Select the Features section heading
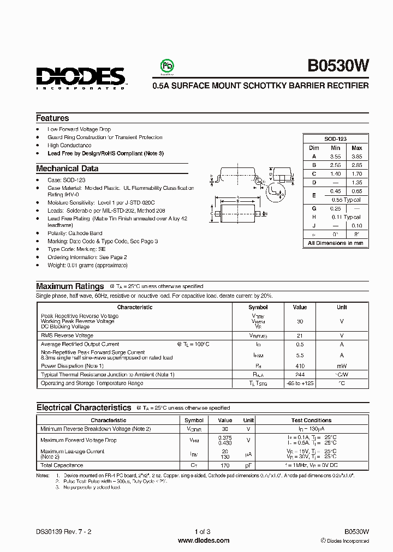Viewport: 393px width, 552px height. pos(52,118)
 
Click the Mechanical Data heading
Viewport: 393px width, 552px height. pos(67,169)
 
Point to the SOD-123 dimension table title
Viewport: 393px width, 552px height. pos(335,139)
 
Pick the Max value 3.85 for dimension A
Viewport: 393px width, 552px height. pos(356,157)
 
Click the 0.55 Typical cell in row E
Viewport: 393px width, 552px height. pos(346,200)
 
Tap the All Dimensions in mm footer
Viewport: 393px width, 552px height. pos(335,243)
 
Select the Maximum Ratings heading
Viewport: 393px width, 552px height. pos(70,286)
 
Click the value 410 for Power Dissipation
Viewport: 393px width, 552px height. pos(300,366)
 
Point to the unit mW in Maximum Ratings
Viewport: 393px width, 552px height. pos(341,366)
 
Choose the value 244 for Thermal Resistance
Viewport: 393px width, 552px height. pos(300,375)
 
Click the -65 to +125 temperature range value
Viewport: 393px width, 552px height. pos(300,383)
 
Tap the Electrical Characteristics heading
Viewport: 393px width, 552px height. pos(84,407)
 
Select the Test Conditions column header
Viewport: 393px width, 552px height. pos(311,421)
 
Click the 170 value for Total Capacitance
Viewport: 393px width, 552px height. pos(224,465)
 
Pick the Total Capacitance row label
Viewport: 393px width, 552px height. pos(62,465)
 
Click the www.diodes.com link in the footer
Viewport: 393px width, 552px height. pos(204,541)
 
